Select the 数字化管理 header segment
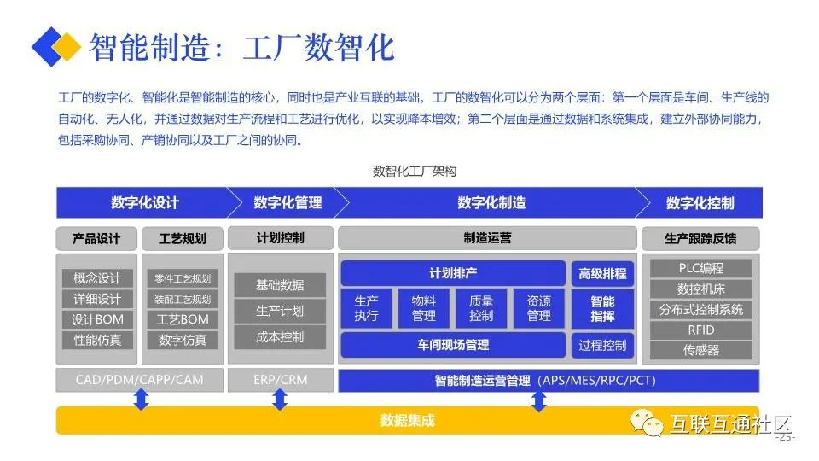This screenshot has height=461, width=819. (x=288, y=203)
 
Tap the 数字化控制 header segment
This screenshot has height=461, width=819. (x=700, y=203)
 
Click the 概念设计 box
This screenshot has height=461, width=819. (x=97, y=278)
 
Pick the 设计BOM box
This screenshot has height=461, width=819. (x=97, y=319)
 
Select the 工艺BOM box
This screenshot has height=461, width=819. (x=183, y=319)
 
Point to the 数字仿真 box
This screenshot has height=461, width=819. (x=183, y=340)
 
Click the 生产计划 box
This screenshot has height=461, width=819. (x=280, y=311)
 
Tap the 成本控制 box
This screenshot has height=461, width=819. (x=280, y=337)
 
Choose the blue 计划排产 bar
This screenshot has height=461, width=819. (x=453, y=273)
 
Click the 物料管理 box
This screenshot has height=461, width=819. (x=424, y=308)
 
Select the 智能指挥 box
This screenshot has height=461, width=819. (x=602, y=308)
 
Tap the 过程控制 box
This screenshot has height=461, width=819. (x=602, y=345)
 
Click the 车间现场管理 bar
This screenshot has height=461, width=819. (x=453, y=345)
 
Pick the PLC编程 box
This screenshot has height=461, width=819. (x=700, y=268)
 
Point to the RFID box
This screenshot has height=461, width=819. (x=700, y=330)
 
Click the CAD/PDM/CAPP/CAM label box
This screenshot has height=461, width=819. (x=140, y=379)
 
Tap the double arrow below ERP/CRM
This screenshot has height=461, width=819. (x=280, y=399)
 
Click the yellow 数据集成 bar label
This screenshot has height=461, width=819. (x=408, y=420)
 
